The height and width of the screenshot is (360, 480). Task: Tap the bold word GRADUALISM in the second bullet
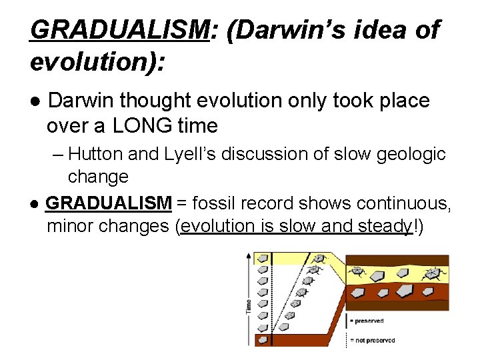click(x=109, y=203)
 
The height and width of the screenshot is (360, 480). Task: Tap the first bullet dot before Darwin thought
click(x=35, y=101)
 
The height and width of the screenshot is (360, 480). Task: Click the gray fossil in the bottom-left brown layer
click(x=359, y=292)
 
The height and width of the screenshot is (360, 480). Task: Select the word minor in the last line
click(x=70, y=227)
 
